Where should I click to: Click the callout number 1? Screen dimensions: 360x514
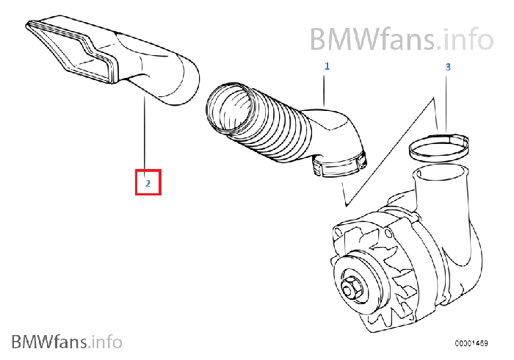click(327, 66)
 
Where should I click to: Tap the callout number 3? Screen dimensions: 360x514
click(448, 66)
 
